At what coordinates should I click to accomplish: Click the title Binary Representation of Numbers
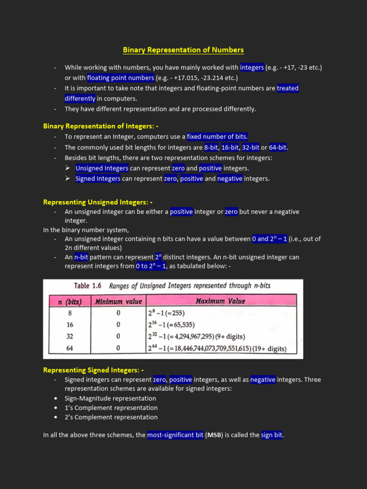[x=183, y=50]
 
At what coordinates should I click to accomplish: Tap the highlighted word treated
[x=288, y=88]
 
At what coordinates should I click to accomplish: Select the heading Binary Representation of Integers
[x=100, y=126]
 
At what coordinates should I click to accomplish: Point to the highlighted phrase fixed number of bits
[x=217, y=137]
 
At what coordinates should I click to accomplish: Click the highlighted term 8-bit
[x=211, y=147]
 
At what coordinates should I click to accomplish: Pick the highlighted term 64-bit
[x=278, y=147]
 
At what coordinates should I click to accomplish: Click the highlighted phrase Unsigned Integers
[x=102, y=168]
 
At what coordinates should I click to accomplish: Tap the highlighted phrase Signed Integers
[x=98, y=179]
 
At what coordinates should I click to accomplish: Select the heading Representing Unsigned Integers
[x=97, y=202]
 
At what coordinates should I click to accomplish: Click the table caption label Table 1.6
[x=87, y=286]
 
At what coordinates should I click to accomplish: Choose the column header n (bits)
[x=70, y=301]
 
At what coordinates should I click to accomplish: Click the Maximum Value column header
[x=220, y=301]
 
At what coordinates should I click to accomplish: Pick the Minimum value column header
[x=119, y=301]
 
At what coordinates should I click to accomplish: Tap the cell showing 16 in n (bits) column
[x=70, y=325]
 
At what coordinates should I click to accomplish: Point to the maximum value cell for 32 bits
[x=203, y=336]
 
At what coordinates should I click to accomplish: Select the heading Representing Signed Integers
[x=93, y=370]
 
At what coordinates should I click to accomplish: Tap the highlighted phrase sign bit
[x=272, y=435]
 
